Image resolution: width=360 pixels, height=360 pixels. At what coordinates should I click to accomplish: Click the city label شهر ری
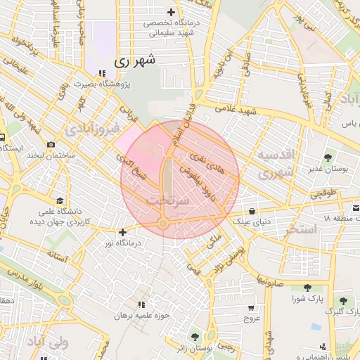pos(134,61)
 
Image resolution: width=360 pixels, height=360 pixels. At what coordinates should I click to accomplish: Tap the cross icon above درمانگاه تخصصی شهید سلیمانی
pos(171,12)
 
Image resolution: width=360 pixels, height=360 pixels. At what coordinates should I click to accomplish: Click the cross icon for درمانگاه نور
pos(123,232)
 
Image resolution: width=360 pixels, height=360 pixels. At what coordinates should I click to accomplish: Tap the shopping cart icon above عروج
pos(251,308)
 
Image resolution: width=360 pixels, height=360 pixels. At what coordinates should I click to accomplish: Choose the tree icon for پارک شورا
pos(307,287)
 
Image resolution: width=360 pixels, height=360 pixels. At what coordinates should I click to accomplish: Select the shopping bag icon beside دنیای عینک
pos(252,211)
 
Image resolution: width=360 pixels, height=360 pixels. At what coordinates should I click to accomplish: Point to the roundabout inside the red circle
pos(163,224)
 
